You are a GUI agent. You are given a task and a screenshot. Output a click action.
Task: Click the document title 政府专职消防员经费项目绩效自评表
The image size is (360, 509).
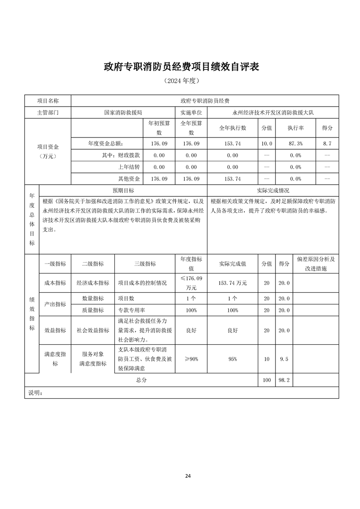pos(181,67)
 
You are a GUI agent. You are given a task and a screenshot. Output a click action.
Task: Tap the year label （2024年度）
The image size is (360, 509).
pos(181,81)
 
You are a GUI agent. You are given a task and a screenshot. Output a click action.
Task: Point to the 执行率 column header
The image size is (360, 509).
pos(295,128)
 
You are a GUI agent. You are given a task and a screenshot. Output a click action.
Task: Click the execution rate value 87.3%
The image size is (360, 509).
pos(295,143)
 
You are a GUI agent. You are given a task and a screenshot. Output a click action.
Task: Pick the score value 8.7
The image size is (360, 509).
pos(327,143)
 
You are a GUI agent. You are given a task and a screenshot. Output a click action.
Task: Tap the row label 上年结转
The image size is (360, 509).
pos(129,167)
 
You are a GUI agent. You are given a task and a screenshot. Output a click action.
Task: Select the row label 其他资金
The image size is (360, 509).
pos(129,179)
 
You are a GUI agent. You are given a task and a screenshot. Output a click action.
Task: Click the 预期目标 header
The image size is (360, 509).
pos(123,191)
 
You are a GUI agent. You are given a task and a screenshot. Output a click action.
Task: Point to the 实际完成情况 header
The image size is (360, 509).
pos(273,191)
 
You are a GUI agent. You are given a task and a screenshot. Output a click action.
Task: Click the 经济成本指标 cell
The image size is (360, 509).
pos(93,283)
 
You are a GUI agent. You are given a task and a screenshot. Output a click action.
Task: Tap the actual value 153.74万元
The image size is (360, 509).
pos(232,283)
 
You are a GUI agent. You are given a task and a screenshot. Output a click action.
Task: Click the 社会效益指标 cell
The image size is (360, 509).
pos(93,330)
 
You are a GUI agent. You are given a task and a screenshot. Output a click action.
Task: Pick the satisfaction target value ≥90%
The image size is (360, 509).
pos(191,359)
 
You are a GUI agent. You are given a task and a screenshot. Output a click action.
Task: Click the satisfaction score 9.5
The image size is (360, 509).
pos(284,359)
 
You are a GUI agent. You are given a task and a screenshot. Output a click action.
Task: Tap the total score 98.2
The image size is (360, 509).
pos(284,380)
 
